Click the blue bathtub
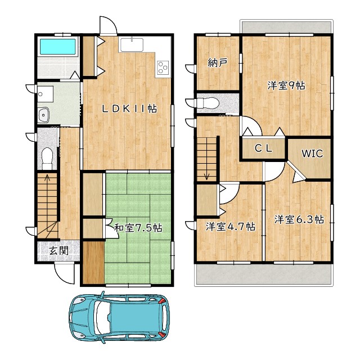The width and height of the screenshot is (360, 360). coord(58,47)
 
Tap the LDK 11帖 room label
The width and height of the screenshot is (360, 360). coord(129,109)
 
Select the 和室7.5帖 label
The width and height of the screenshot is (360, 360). coord(138,228)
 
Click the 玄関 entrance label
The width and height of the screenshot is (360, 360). coord(59,250)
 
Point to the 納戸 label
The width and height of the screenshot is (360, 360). coord(217,62)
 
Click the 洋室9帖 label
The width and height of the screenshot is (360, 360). coord(286,85)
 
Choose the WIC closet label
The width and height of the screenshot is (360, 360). coord(312,154)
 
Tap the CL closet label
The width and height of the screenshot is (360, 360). coord(264,148)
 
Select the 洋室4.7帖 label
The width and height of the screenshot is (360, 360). coord(230,227)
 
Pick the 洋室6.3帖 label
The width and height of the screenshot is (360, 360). coord(299,219)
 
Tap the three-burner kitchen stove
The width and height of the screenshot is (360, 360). coord(163,67)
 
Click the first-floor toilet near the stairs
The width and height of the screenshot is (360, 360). coord(47,158)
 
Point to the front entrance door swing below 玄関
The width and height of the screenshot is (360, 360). coord(65,274)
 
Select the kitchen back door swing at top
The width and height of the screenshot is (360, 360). coord(109,25)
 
